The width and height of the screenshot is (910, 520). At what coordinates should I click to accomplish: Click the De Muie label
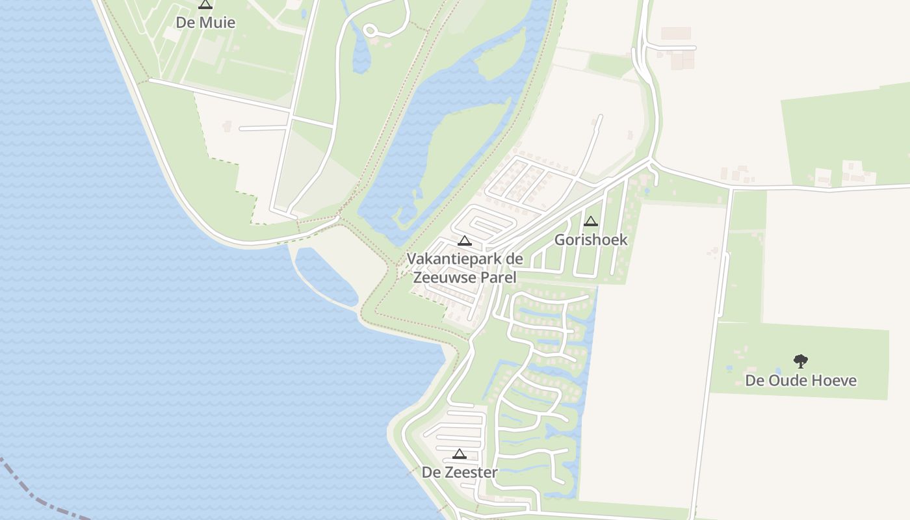(x=205, y=23)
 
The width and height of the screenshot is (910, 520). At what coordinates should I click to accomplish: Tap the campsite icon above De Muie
(x=205, y=5)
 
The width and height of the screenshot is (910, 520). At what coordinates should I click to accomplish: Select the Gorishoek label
(x=591, y=240)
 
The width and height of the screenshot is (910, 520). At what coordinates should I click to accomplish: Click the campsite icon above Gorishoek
(x=591, y=221)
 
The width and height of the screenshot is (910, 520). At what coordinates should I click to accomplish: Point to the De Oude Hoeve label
(x=801, y=380)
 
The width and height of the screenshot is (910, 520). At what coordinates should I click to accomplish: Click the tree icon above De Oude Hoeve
(x=801, y=361)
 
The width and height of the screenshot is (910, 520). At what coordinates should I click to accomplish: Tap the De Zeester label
(x=460, y=473)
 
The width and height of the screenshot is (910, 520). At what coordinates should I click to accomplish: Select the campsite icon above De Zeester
(x=460, y=454)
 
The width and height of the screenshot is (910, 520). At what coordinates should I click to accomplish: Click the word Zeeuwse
(x=445, y=278)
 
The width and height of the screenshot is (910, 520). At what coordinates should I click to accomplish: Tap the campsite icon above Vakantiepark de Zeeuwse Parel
(x=465, y=240)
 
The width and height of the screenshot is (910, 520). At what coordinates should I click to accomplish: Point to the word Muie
(x=218, y=23)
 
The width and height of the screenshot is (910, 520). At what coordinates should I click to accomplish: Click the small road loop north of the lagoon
(x=370, y=29)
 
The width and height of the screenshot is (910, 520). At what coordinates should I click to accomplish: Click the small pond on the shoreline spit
(x=325, y=277)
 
